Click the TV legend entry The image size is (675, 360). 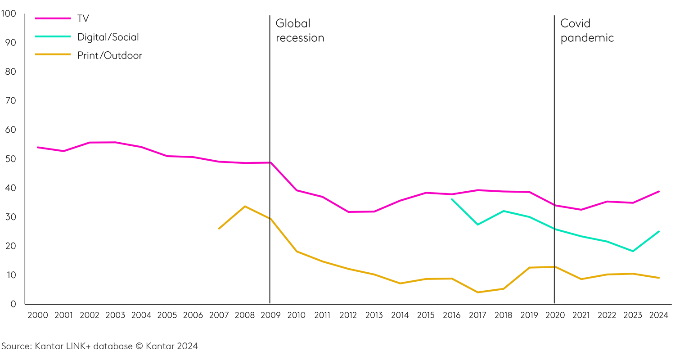pyautogui.click(x=83, y=18)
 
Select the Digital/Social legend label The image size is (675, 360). pyautogui.click(x=108, y=37)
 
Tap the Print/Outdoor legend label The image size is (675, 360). pyautogui.click(x=109, y=55)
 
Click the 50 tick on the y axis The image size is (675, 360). pyautogui.click(x=10, y=159)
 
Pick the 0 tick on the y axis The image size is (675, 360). pyautogui.click(x=13, y=304)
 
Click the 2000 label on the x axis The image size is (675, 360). pyautogui.click(x=38, y=315)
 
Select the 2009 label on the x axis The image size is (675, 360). pyautogui.click(x=270, y=315)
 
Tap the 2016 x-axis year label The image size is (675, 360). pyautogui.click(x=451, y=315)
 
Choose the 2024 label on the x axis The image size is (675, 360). pyautogui.click(x=658, y=315)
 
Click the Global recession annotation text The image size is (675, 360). pyautogui.click(x=300, y=30)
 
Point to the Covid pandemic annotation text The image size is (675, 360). pyautogui.click(x=587, y=30)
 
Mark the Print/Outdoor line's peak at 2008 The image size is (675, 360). pyautogui.click(x=244, y=206)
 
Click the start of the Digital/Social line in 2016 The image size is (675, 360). pyautogui.click(x=451, y=199)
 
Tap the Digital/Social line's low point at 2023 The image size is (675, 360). pyautogui.click(x=633, y=251)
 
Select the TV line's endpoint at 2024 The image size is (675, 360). pyautogui.click(x=659, y=191)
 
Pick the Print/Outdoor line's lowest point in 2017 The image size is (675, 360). pyautogui.click(x=477, y=292)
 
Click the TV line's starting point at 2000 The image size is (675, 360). pyautogui.click(x=38, y=147)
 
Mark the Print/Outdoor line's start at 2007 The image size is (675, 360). pyautogui.click(x=219, y=229)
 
